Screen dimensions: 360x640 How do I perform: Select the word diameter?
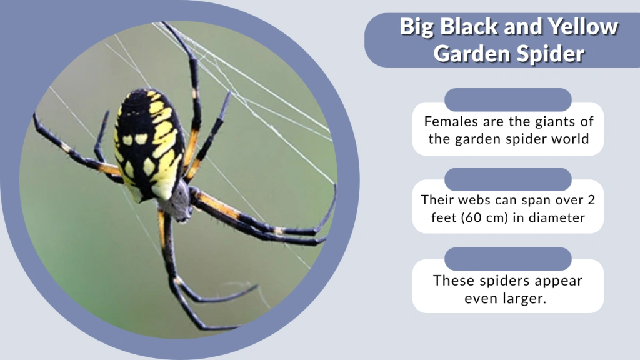(556, 218)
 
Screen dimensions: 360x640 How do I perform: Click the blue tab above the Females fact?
(508, 99)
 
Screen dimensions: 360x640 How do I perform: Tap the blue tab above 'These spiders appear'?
(508, 259)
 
